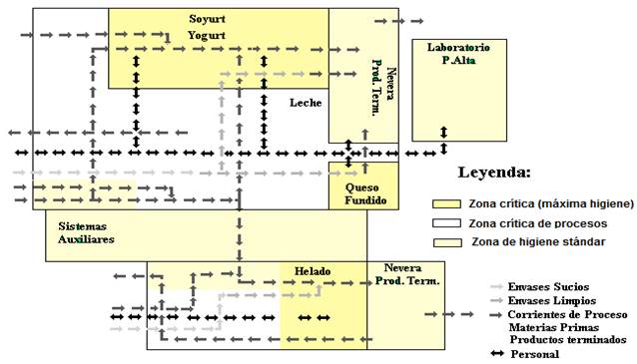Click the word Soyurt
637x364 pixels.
tap(208, 19)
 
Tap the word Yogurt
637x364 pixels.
tap(207, 36)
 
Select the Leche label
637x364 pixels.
tap(306, 103)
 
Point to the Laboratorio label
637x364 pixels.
tap(458, 48)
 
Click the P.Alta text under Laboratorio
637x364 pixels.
tap(458, 61)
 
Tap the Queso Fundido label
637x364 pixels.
tap(365, 194)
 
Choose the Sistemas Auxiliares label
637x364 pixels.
tap(86, 233)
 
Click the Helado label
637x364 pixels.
tap(313, 271)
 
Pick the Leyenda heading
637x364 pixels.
tap(494, 173)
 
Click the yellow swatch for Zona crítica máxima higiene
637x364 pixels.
tap(447, 203)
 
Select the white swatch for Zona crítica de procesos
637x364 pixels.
tap(447, 223)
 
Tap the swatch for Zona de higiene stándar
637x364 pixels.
tap(447, 242)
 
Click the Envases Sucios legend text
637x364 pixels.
tap(548, 287)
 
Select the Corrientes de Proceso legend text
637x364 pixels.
tap(567, 314)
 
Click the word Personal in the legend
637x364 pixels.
tap(534, 354)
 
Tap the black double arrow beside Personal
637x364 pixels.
tap(497, 353)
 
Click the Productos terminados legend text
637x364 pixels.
tap(568, 339)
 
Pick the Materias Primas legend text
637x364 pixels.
tap(554, 327)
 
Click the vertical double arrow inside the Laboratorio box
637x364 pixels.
tap(443, 133)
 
